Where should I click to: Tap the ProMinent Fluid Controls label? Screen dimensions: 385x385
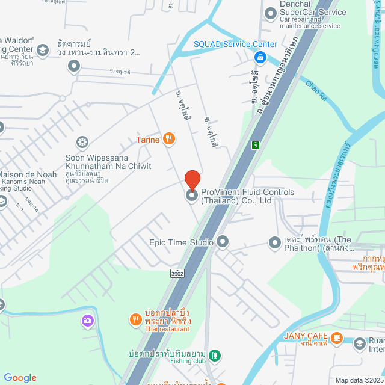tap(247, 197)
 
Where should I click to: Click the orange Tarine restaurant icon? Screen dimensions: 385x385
tap(169, 140)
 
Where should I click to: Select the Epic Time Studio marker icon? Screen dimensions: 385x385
tap(223, 242)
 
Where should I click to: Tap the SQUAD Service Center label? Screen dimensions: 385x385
tap(235, 44)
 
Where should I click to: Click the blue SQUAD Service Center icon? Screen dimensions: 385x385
tap(260, 58)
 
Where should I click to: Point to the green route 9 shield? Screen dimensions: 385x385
tap(256, 144)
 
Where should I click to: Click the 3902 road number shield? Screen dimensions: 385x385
tap(177, 273)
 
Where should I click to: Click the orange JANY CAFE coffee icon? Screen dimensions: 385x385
tap(337, 336)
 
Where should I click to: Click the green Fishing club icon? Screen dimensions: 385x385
tap(215, 356)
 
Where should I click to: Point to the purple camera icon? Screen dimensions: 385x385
tap(88, 321)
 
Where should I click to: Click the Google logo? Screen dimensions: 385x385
tap(20, 378)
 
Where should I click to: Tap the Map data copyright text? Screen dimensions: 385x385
tap(359, 380)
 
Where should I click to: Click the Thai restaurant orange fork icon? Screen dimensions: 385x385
tap(135, 319)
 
